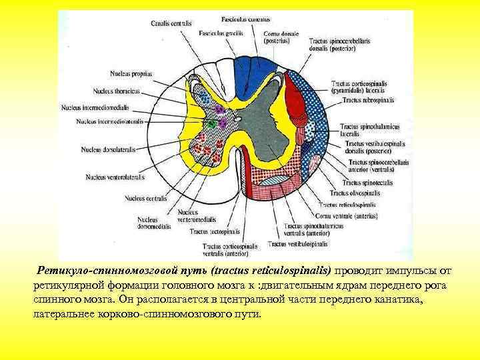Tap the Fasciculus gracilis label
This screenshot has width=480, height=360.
(221, 33)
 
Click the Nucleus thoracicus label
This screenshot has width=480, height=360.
(119, 90)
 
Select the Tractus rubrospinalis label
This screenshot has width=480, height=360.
(369, 100)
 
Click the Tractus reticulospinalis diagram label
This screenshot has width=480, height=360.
(347, 204)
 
